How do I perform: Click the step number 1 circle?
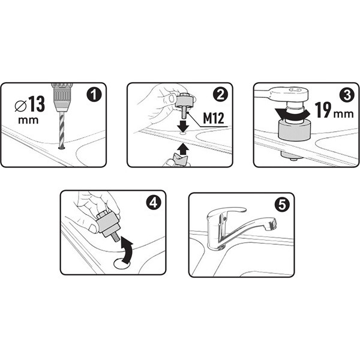[x=94, y=95]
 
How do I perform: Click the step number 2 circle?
[x=220, y=95]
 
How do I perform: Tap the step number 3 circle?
[x=346, y=95]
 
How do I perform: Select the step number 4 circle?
[x=154, y=203]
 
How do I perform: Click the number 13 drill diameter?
[x=37, y=104]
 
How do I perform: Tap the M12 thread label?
[x=214, y=118]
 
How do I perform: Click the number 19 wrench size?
[x=323, y=110]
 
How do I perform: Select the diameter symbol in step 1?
[x=20, y=106]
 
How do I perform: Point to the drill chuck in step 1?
[x=62, y=97]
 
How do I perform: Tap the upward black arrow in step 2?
[x=183, y=149]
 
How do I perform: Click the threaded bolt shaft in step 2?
[x=184, y=113]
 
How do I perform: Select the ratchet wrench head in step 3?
[x=289, y=93]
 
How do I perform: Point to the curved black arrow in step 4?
[x=127, y=250]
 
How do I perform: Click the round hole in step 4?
[x=122, y=263]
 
